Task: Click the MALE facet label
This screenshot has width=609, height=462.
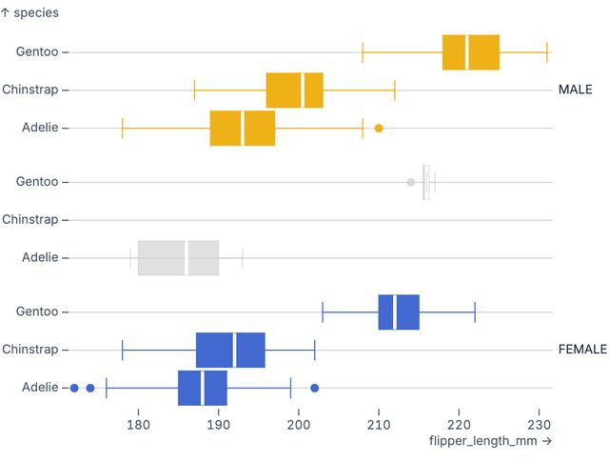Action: pyautogui.click(x=575, y=90)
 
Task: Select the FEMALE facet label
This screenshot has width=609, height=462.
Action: pyautogui.click(x=581, y=350)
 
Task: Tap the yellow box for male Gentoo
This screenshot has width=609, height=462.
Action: pyautogui.click(x=471, y=52)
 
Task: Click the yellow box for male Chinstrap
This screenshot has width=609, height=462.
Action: pyautogui.click(x=294, y=90)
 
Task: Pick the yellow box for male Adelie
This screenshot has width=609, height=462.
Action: pyautogui.click(x=243, y=128)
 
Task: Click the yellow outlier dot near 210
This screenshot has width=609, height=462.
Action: pyautogui.click(x=379, y=128)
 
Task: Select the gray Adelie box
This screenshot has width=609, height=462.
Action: pyautogui.click(x=178, y=257)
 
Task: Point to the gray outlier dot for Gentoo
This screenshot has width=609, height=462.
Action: pyautogui.click(x=411, y=182)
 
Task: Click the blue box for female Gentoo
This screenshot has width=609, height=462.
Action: pyautogui.click(x=399, y=311)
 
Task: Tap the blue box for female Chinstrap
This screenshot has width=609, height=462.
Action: pyautogui.click(x=230, y=350)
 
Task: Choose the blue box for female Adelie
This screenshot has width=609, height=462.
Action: pyautogui.click(x=202, y=388)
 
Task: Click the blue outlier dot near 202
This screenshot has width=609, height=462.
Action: pyautogui.click(x=315, y=388)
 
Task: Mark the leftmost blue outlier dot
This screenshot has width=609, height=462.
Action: pyautogui.click(x=74, y=388)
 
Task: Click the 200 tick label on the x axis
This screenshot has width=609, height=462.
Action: pyautogui.click(x=299, y=423)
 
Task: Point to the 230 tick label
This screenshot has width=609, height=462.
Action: pyautogui.click(x=539, y=423)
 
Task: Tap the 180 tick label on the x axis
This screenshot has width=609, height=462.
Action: pyautogui.click(x=139, y=423)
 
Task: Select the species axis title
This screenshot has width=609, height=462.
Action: pyautogui.click(x=29, y=12)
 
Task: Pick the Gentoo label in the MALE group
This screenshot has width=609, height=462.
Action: pyautogui.click(x=36, y=52)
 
